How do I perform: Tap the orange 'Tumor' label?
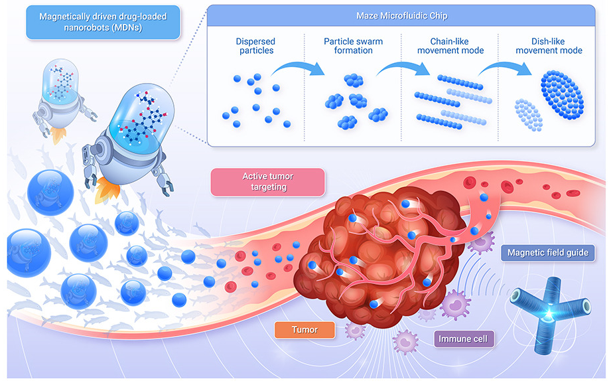(305, 329)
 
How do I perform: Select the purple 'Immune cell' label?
(463, 339)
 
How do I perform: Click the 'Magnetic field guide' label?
(547, 252)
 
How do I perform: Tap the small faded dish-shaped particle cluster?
(529, 114)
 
